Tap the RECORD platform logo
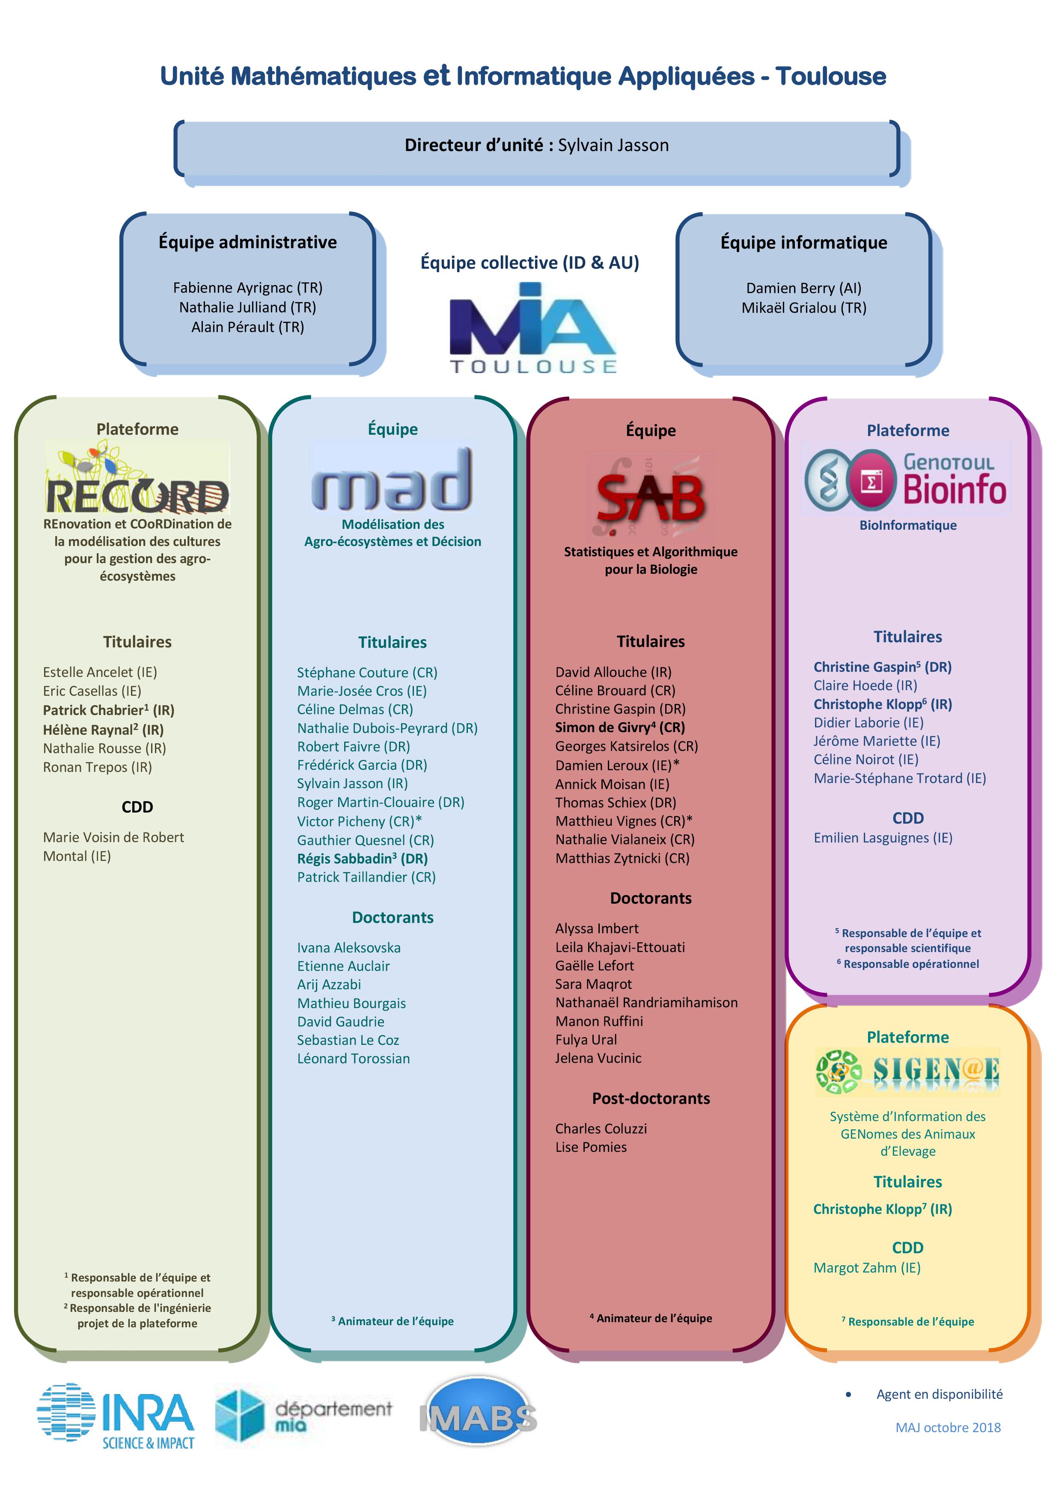coord(137,478)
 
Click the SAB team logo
coord(651,494)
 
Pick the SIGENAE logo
coord(907,1072)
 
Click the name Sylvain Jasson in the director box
coord(613,145)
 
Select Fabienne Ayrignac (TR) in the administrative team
coord(248,288)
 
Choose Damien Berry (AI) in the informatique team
coord(804,288)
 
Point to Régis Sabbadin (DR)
coord(362,858)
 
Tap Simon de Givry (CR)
coord(620,727)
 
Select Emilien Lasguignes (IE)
coord(883,837)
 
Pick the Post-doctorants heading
coord(651,1098)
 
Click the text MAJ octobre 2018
coord(948,1427)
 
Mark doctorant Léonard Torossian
coord(353,1059)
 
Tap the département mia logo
coord(304,1415)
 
